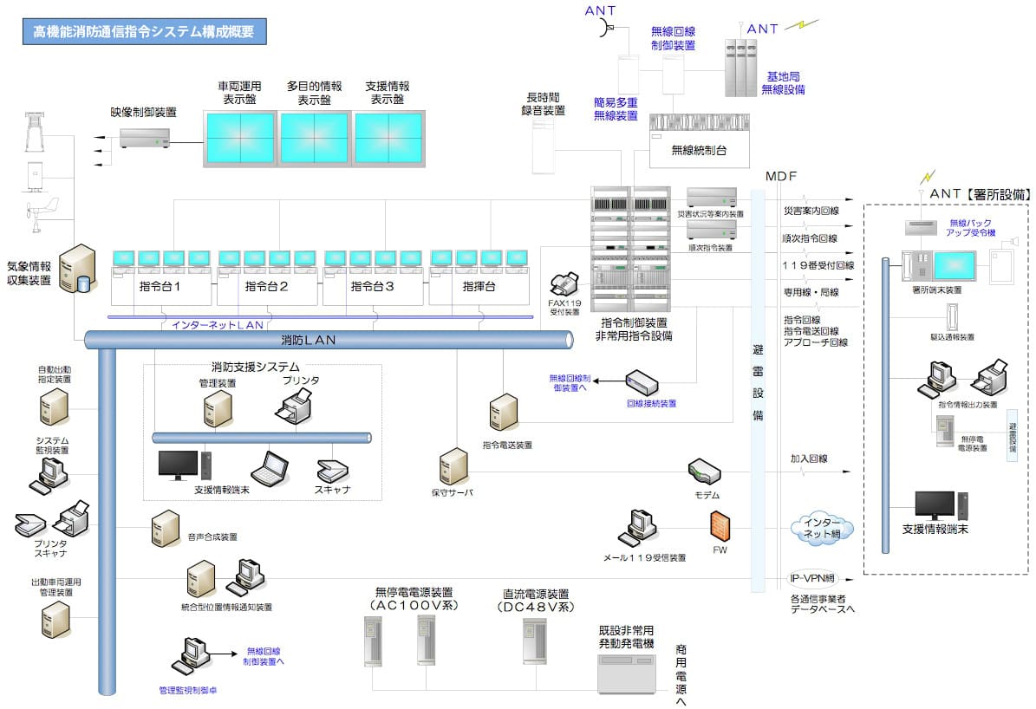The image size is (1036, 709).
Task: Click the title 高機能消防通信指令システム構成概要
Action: (x=144, y=32)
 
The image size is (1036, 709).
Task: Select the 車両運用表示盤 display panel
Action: (x=239, y=138)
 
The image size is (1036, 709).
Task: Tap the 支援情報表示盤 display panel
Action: (x=388, y=138)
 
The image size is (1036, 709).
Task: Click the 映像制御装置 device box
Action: (x=145, y=137)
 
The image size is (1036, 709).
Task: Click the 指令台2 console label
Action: (x=266, y=286)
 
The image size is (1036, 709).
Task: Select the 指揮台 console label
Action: (x=479, y=286)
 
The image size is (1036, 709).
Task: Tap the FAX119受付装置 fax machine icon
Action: (x=564, y=283)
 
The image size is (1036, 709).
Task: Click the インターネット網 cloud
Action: (x=821, y=528)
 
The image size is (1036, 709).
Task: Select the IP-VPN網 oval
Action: (x=811, y=578)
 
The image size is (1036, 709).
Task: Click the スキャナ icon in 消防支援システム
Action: (x=332, y=471)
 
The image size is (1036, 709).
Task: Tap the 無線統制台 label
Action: (x=699, y=150)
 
